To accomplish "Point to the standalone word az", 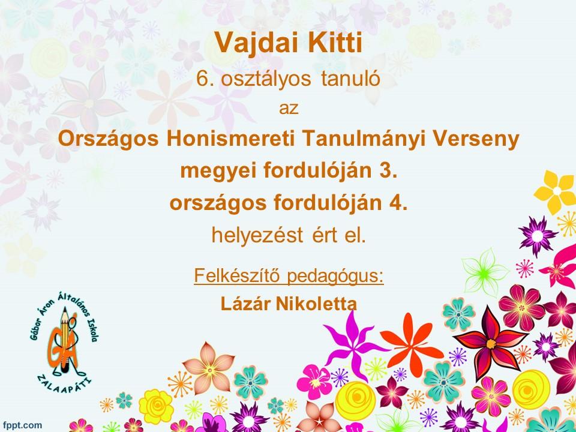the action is (x=289, y=109).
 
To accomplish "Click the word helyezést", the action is (x=257, y=235).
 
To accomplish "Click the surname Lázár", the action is (x=245, y=304).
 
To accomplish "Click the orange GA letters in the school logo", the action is (x=63, y=347).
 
